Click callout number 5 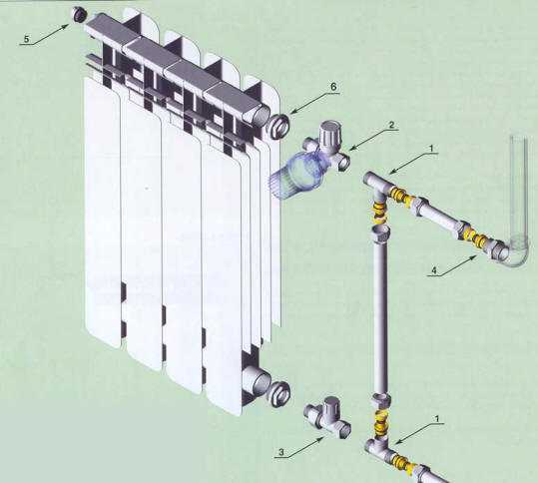27,40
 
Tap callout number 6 333,87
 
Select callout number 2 391,125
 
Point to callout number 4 434,270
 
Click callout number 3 281,452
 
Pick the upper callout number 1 431,148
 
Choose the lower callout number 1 437,419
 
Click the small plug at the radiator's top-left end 79,15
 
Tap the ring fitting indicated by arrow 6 278,126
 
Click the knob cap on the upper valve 327,134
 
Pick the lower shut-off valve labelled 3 328,417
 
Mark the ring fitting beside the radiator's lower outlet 278,393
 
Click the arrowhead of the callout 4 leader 476,256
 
